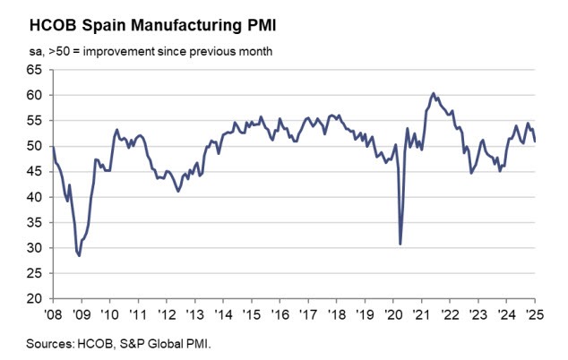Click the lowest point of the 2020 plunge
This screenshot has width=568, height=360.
400,244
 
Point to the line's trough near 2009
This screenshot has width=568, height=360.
79,255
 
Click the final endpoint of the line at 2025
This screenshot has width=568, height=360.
536,141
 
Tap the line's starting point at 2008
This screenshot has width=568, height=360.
53,146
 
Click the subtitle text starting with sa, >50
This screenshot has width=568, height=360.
143,51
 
